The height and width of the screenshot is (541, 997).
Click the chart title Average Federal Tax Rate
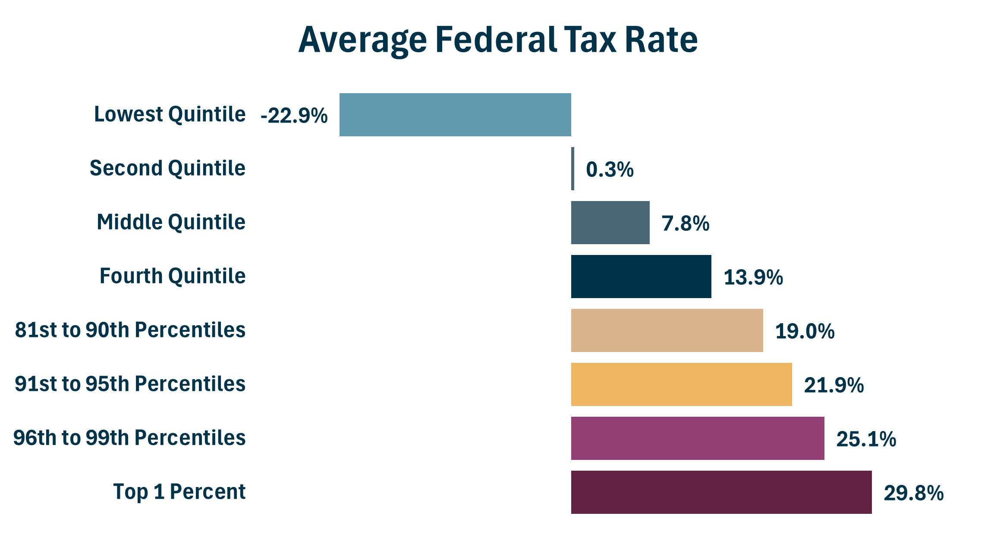point(498,40)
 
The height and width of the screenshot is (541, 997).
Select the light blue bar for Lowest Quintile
point(455,115)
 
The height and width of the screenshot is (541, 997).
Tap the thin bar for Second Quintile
point(572,169)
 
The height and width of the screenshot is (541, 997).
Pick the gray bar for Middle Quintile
point(610,223)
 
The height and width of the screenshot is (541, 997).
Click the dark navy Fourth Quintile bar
point(641,277)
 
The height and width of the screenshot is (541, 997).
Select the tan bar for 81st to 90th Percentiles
point(667,330)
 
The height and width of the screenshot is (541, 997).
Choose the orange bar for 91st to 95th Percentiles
point(681,384)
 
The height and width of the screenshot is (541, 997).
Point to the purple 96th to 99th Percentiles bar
point(698,438)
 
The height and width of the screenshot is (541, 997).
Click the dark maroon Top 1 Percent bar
point(721,492)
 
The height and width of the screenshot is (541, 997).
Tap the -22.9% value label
point(294,116)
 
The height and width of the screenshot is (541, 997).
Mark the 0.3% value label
point(610,170)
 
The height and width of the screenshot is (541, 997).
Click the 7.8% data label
point(686,223)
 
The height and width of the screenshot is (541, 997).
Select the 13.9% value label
point(753,277)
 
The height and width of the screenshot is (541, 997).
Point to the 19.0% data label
point(805,331)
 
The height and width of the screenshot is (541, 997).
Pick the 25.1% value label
point(866,439)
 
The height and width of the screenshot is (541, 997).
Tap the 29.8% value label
point(914,493)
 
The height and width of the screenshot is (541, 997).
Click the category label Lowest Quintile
point(170,114)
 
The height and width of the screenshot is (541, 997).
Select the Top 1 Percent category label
point(179,492)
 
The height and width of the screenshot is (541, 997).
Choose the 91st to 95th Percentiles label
point(130,384)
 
